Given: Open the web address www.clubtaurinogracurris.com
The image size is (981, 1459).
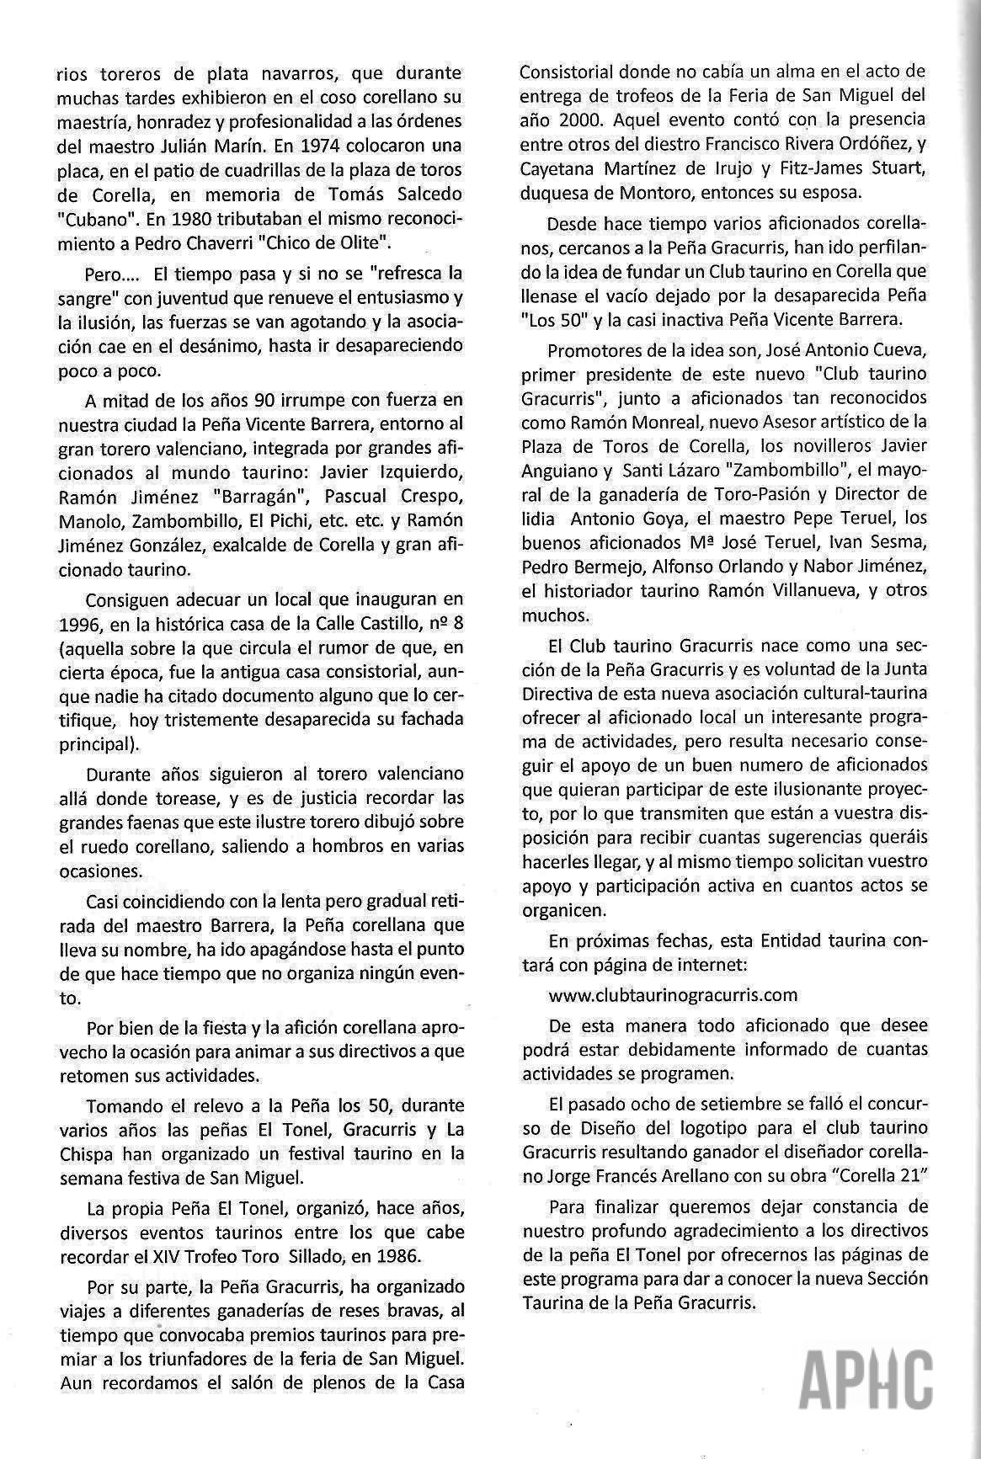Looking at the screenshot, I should click(x=673, y=994).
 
